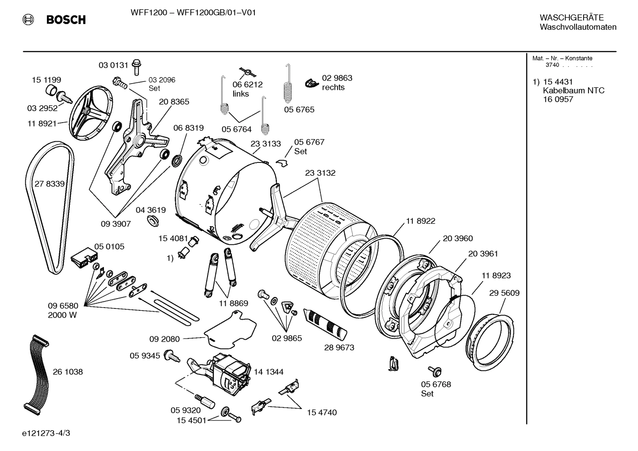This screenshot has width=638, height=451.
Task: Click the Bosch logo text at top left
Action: pyautogui.click(x=65, y=20)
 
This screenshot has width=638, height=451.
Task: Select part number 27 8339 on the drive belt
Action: pyautogui.click(x=50, y=184)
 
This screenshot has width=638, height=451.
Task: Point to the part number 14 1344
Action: pyautogui.click(x=269, y=372)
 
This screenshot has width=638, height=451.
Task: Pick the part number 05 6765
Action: pyautogui.click(x=299, y=109)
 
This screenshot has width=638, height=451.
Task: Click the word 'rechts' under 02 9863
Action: pyautogui.click(x=333, y=88)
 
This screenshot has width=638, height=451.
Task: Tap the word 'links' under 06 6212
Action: pyautogui.click(x=241, y=94)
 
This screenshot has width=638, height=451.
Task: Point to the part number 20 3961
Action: pyautogui.click(x=483, y=254)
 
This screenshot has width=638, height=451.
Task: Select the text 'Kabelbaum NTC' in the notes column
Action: pyautogui.click(x=573, y=90)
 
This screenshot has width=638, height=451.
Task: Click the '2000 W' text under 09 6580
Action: pyautogui.click(x=63, y=315)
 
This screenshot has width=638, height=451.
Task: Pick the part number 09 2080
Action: pyautogui.click(x=165, y=339)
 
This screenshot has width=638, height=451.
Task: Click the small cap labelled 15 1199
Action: pyautogui.click(x=52, y=91)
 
